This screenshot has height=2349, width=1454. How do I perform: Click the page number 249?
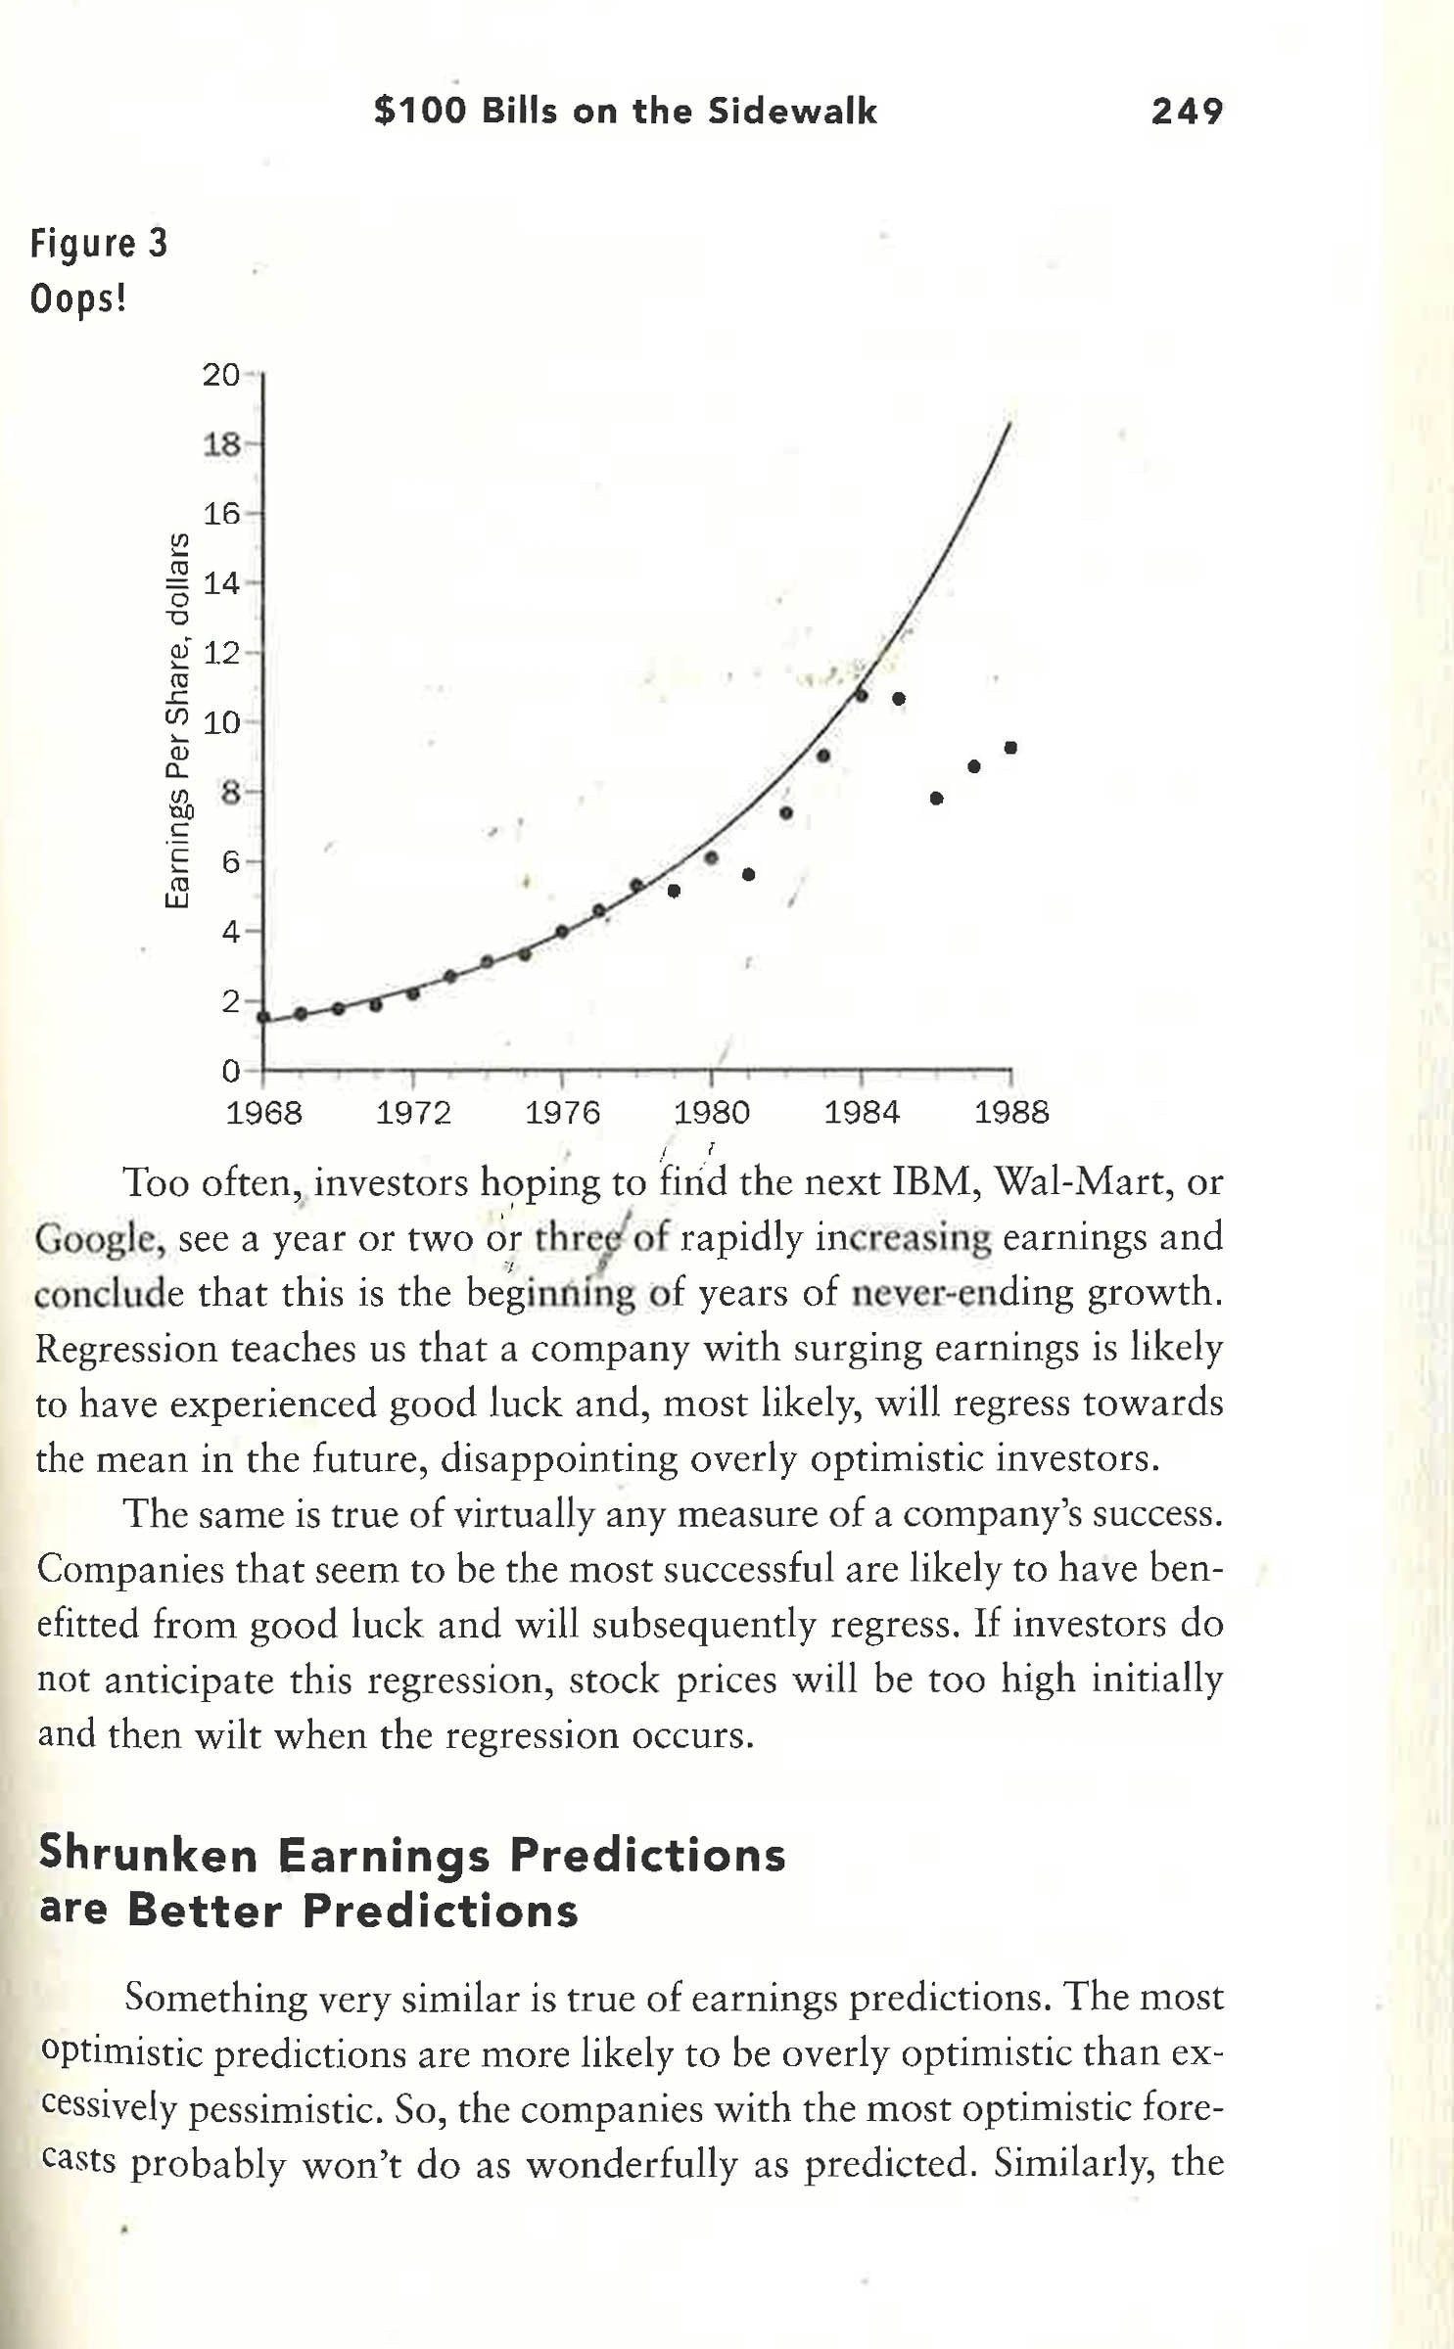(1187, 111)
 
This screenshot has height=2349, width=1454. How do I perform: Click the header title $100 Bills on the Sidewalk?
(625, 111)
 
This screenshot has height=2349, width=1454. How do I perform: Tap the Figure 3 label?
(99, 243)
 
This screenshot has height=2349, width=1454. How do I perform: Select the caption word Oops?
(78, 298)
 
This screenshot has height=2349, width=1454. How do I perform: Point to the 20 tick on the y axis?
(221, 375)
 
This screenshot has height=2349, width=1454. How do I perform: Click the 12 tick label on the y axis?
(221, 653)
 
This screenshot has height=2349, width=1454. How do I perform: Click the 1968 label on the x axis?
(264, 1113)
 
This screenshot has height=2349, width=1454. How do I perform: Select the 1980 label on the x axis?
(712, 1113)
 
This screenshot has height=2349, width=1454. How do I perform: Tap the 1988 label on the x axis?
(1010, 1113)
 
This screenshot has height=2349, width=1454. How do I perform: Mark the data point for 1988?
(1010, 748)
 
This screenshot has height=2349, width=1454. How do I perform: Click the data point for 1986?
(936, 798)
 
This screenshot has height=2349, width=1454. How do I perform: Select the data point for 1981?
(749, 874)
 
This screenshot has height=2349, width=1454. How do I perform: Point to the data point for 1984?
(862, 695)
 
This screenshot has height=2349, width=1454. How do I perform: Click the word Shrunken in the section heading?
(148, 1854)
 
